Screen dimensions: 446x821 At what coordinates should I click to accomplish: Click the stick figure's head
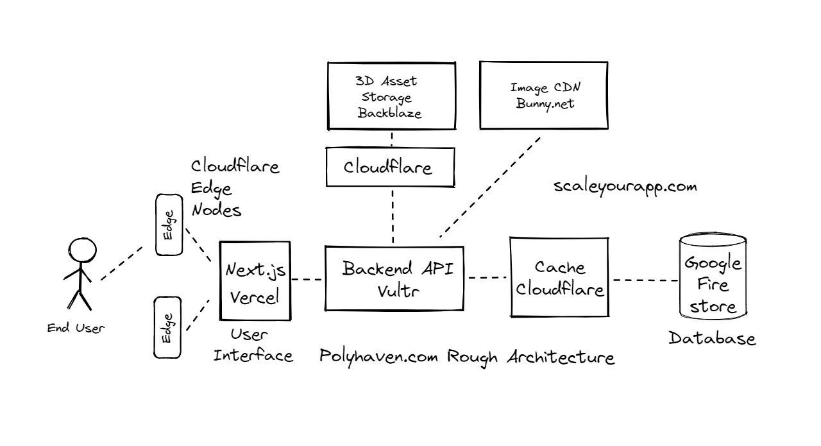coord(82,250)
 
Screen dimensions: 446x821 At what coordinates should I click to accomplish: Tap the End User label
coord(76,328)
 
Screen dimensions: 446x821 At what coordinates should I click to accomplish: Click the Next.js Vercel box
coord(255,280)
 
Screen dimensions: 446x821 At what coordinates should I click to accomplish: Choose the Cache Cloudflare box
coord(559,277)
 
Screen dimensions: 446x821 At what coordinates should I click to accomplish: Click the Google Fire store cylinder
coord(713,277)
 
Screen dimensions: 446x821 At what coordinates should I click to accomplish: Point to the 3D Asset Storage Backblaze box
coord(391,97)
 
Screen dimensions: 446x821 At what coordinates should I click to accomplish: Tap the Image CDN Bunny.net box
coord(543,94)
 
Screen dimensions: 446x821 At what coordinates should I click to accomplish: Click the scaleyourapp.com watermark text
coord(625,187)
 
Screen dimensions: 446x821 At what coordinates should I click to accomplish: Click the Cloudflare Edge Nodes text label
coord(235,188)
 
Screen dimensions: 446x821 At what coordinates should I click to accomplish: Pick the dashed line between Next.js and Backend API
coord(309,279)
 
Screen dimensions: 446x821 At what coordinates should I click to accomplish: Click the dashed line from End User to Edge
coord(121,264)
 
